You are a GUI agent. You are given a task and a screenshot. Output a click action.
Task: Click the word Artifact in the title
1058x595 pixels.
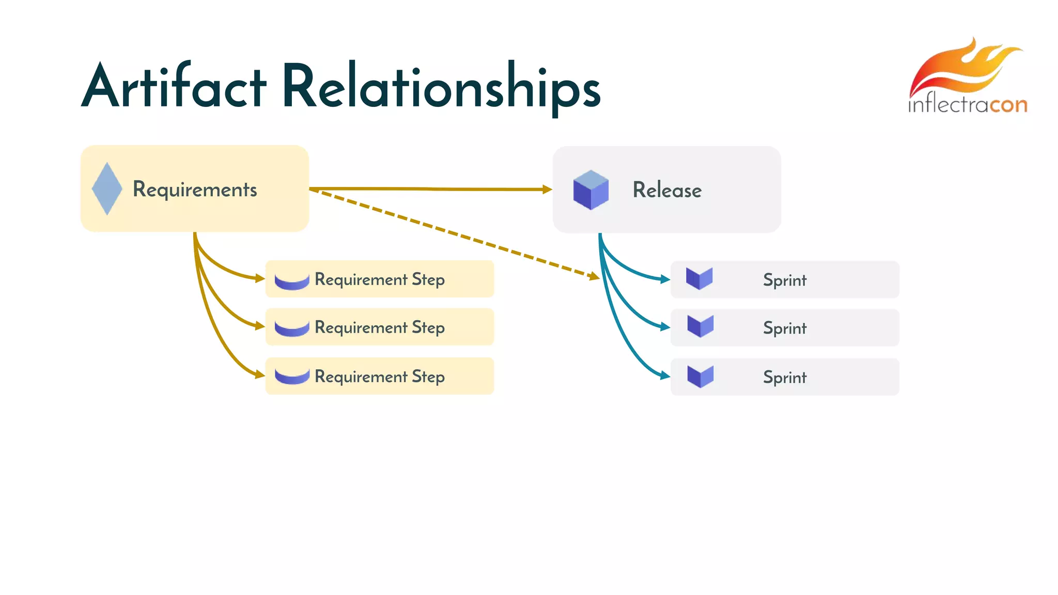(x=174, y=87)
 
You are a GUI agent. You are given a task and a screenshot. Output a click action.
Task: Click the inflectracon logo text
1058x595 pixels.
(x=967, y=105)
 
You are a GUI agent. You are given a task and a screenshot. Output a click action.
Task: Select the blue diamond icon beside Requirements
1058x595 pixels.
(x=107, y=189)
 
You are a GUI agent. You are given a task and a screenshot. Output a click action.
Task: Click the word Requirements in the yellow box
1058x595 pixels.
(x=195, y=190)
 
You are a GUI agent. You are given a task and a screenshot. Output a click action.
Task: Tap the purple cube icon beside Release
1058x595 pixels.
(x=591, y=190)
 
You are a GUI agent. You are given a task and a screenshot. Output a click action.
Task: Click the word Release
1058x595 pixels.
(x=667, y=190)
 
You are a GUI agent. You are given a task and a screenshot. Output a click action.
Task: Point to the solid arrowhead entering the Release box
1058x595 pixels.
(x=547, y=190)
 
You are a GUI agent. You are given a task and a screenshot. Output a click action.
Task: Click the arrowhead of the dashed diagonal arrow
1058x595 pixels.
(x=594, y=276)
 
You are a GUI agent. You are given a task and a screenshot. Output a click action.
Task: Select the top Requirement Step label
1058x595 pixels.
(x=379, y=279)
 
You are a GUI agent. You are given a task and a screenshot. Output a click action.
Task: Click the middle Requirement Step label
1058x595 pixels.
(x=379, y=327)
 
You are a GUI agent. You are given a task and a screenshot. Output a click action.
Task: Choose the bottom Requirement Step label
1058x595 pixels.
(x=379, y=377)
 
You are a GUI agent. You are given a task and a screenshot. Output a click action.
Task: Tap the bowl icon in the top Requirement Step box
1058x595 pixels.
(x=292, y=281)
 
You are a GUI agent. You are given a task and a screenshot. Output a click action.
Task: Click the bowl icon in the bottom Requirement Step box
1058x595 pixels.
(x=292, y=377)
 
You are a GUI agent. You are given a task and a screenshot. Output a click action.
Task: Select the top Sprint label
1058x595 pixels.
(x=784, y=280)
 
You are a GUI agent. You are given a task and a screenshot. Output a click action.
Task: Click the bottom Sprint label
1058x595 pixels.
(x=784, y=377)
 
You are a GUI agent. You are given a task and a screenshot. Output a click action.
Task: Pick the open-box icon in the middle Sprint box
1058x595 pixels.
(x=701, y=326)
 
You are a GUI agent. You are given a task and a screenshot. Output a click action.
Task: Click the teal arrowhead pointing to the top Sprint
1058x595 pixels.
(x=665, y=279)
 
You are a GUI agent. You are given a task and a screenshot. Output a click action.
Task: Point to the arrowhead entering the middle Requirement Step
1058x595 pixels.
(x=260, y=325)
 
